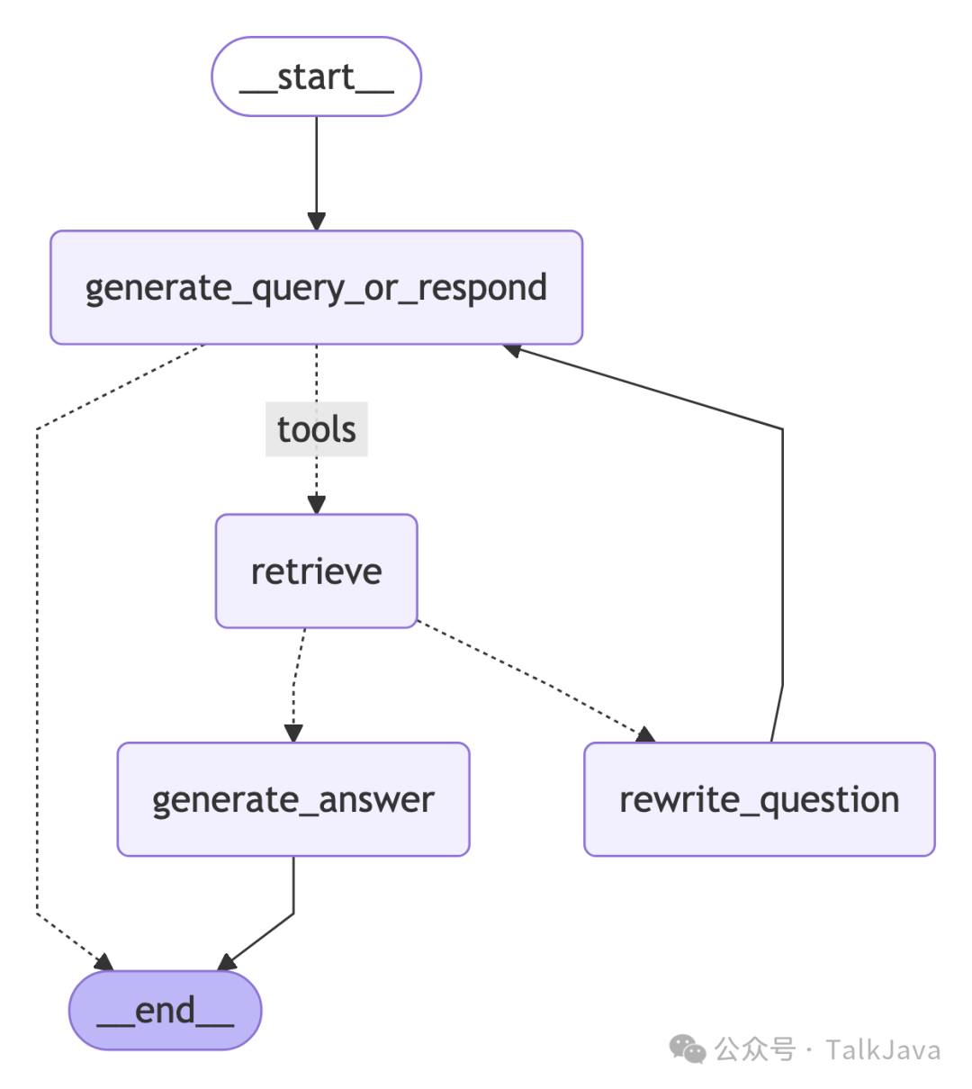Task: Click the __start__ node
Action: point(316,77)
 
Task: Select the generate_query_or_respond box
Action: point(316,288)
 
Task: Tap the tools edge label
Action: point(316,429)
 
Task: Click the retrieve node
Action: point(316,571)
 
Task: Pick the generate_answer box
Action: point(293,799)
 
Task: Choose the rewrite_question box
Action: point(759,799)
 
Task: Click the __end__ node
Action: point(165,1010)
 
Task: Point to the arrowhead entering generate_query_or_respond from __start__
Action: point(316,220)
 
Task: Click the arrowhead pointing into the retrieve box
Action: point(316,504)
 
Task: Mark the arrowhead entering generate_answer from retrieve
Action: point(293,733)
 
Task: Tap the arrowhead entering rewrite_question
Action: point(644,734)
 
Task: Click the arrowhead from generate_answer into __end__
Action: point(228,962)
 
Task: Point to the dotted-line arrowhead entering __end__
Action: point(103,962)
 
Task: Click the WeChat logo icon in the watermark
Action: point(688,1049)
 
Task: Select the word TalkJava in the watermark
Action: point(883,1050)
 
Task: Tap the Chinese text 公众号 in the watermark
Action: point(755,1050)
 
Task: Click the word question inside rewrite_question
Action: point(829,800)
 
